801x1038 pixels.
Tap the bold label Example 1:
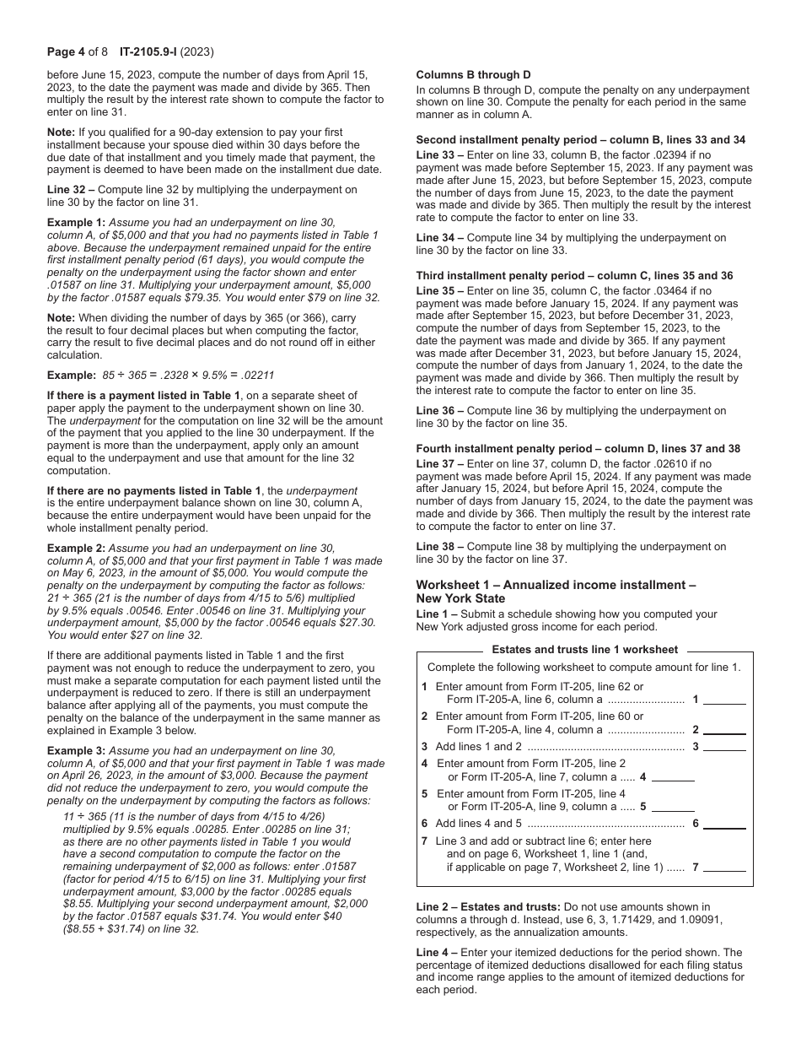tap(76, 222)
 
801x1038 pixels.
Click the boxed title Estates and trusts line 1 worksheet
tap(584, 650)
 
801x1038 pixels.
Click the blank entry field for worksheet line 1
tap(724, 699)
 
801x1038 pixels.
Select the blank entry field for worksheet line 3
tap(724, 746)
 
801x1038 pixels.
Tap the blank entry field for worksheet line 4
tap(673, 776)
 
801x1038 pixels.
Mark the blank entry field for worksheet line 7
tap(724, 866)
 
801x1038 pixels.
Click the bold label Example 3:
tap(76, 750)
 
